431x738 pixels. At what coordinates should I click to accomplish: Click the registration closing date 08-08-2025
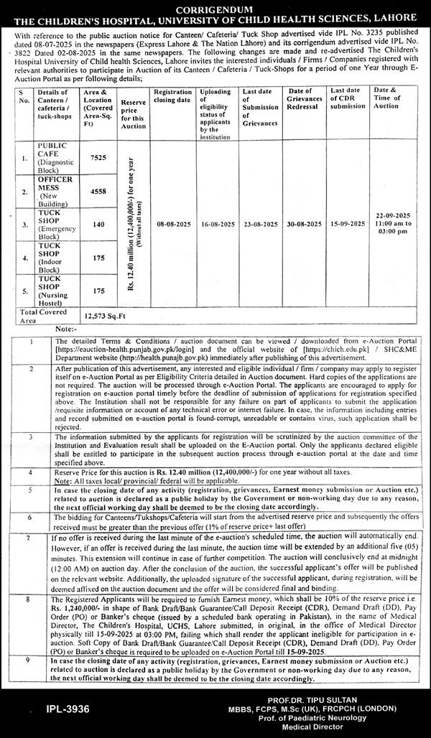pyautogui.click(x=172, y=225)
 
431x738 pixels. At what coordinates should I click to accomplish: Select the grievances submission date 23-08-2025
pyautogui.click(x=260, y=225)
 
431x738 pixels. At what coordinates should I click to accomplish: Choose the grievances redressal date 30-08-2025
pyautogui.click(x=304, y=225)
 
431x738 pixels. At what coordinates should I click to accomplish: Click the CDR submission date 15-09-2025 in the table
pyautogui.click(x=348, y=225)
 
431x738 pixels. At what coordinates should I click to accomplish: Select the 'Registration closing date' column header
pyautogui.click(x=172, y=96)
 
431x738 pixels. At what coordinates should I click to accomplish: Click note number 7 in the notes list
pyautogui.click(x=30, y=538)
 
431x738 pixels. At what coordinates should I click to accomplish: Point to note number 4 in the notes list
pyautogui.click(x=30, y=473)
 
